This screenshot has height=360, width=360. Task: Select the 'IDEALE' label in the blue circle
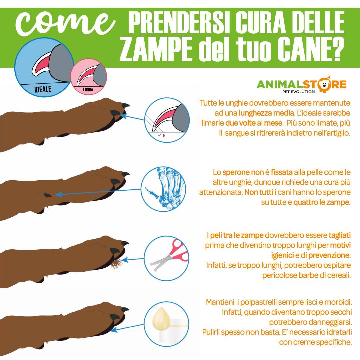(x=43, y=89)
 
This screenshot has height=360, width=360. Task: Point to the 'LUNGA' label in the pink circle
(x=88, y=90)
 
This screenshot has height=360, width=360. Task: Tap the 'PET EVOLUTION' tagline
(x=298, y=92)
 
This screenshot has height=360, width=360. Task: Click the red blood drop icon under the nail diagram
(x=163, y=135)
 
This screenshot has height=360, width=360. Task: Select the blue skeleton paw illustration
(x=166, y=188)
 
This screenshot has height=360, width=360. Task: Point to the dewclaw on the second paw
(x=48, y=195)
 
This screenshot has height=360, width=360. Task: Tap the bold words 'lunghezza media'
(x=266, y=113)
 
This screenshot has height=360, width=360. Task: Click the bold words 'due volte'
(x=240, y=123)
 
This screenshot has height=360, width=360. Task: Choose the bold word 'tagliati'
(x=340, y=235)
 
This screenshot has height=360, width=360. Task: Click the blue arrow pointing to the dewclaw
(x=98, y=192)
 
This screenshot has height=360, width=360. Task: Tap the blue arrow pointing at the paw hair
(x=133, y=260)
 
